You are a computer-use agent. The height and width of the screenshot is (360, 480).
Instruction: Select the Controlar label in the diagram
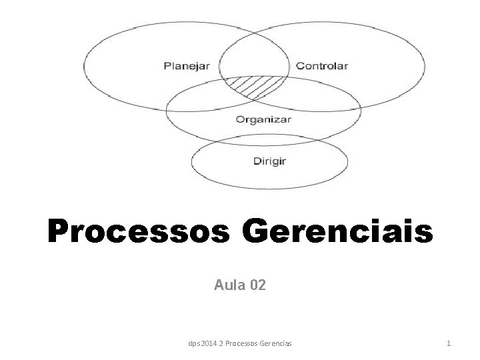coord(321,66)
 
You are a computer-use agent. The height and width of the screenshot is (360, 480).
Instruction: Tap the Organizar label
coord(263,120)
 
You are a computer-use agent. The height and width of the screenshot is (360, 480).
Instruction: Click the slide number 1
coord(449,343)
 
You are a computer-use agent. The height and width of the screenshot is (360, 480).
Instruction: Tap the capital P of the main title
coord(58,233)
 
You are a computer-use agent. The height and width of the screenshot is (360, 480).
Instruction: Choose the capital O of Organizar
coord(240,120)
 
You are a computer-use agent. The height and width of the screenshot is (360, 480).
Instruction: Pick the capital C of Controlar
coord(299,66)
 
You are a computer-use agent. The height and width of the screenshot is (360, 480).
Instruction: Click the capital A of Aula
coord(219,286)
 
